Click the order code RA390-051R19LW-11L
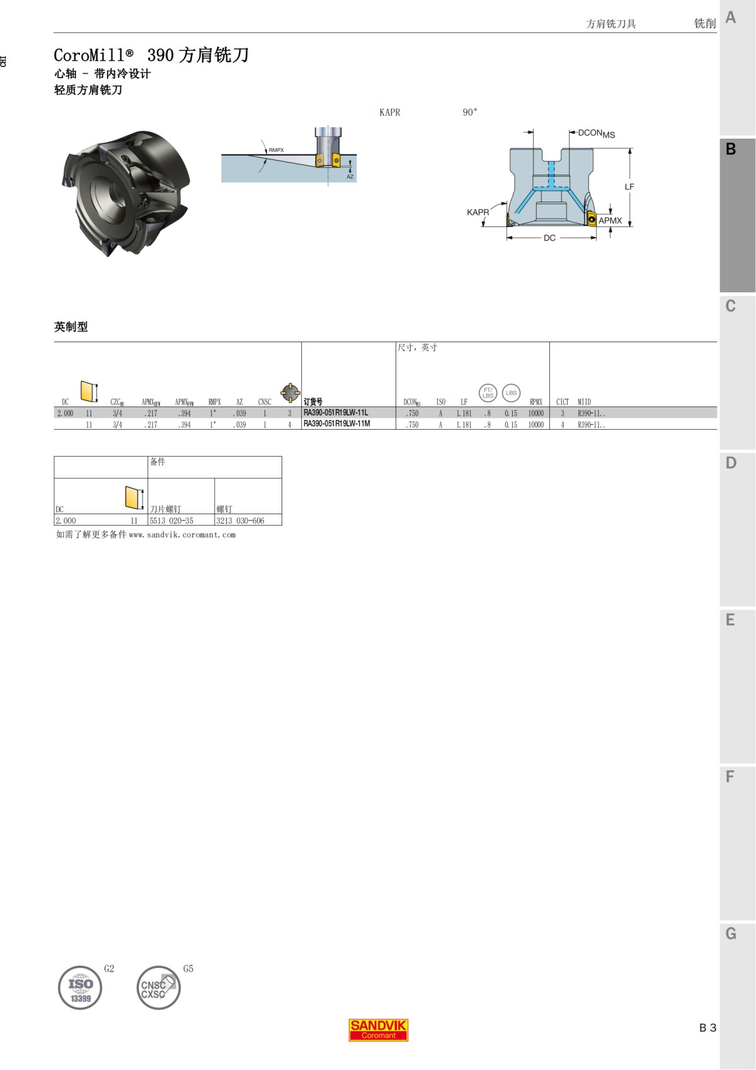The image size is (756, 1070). coord(336,413)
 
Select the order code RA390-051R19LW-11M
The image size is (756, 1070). coord(337,424)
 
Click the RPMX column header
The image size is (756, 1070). coord(536,402)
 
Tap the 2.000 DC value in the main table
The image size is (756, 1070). coord(65,413)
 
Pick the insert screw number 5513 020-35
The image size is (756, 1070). coord(171,521)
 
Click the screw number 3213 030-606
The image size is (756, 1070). coord(240,521)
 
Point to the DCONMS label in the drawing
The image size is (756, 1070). coord(596,134)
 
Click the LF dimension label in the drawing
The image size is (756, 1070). coord(629,187)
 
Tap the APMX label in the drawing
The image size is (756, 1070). coord(610,221)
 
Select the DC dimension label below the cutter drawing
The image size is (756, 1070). coord(549,238)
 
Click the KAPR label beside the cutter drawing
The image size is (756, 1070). coord(478,212)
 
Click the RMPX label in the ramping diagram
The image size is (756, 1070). coord(276,150)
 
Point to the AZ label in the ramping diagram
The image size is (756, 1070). coord(350,177)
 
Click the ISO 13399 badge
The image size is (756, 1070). coord(80,987)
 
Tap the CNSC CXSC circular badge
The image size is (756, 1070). coord(157,987)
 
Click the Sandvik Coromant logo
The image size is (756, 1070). coord(378,1030)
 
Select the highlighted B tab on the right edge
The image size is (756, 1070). coord(731,149)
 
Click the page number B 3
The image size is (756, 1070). coord(707,1028)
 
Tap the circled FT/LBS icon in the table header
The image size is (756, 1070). coord(488,393)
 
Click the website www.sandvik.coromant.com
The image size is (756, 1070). coord(182,535)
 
